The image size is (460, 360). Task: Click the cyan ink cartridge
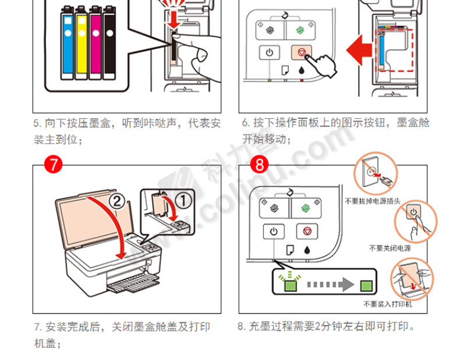[x=68, y=42]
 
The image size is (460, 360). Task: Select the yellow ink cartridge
[x=82, y=42]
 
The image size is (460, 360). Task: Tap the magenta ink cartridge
[x=95, y=42]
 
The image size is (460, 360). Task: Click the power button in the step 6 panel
[x=268, y=52]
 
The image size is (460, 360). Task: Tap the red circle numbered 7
[x=54, y=164]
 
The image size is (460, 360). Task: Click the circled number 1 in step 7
[x=183, y=201]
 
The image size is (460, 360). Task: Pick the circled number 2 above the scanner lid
[x=116, y=202]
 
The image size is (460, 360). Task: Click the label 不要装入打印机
[x=387, y=304]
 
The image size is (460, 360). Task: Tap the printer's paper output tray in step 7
[x=133, y=284]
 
